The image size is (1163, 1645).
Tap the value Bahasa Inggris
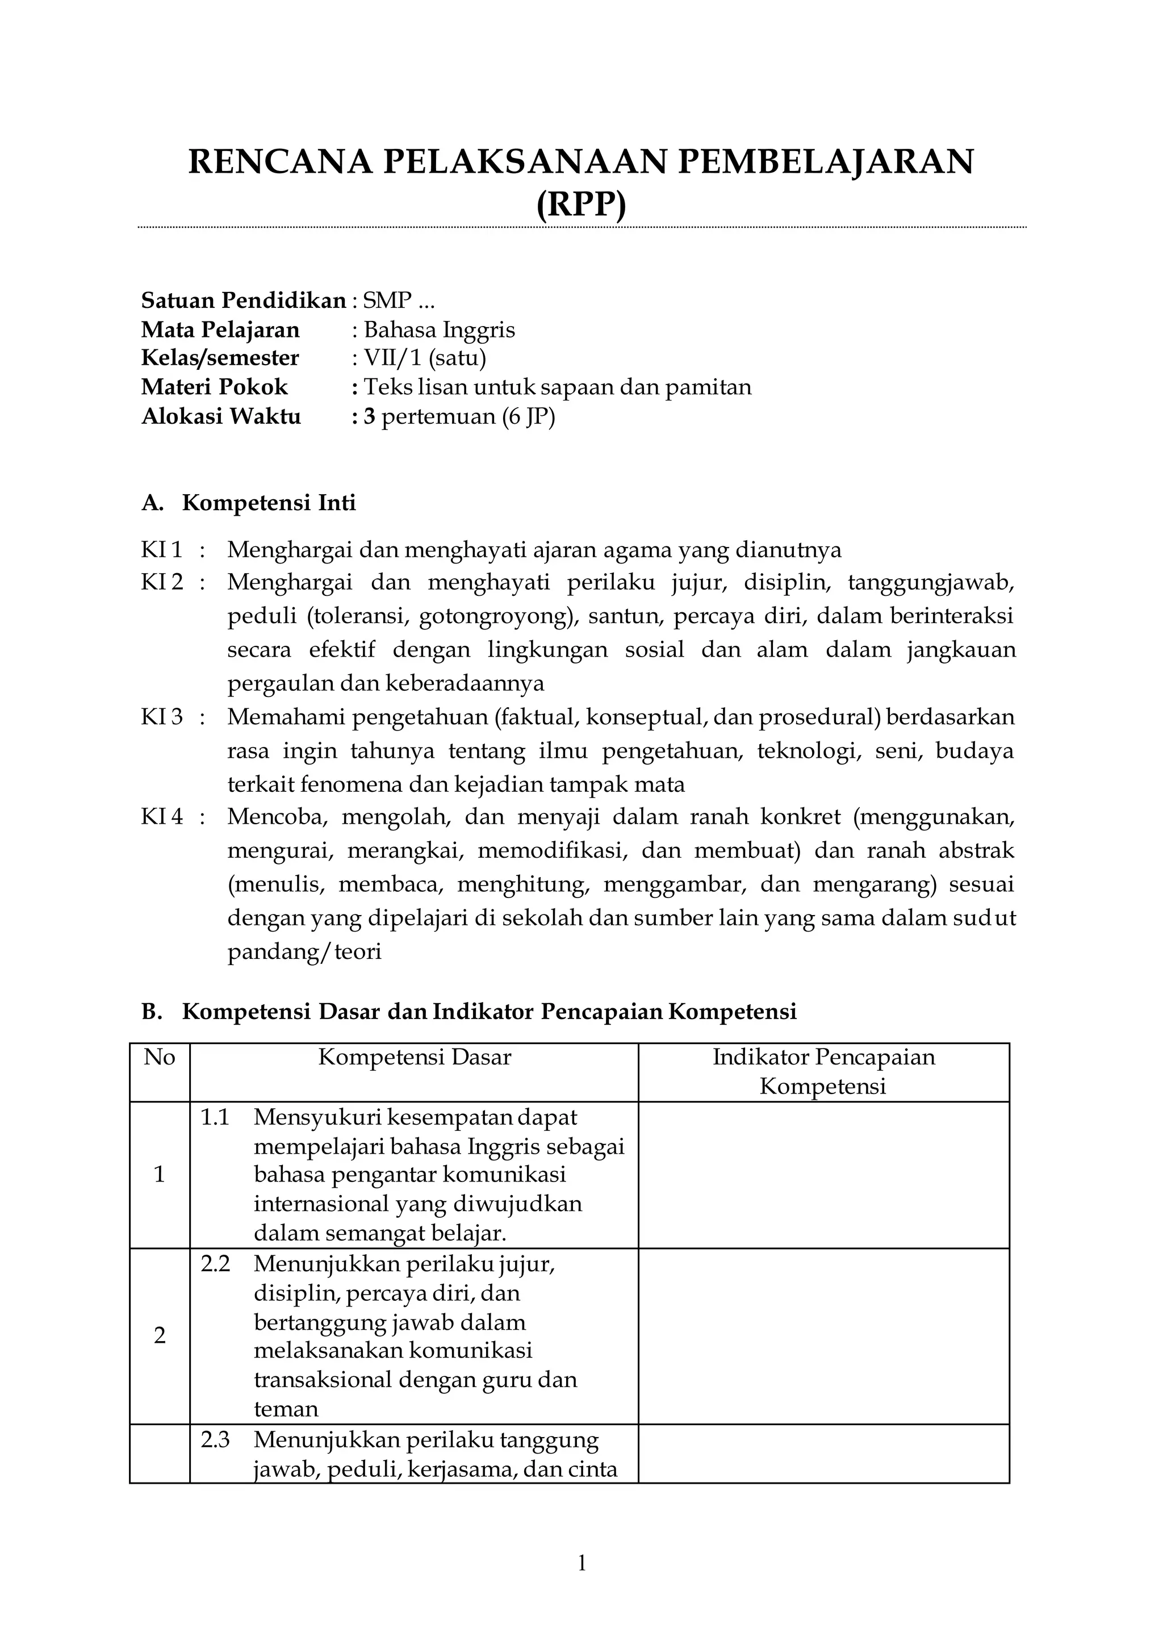[439, 329]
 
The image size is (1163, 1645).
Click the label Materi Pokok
[214, 387]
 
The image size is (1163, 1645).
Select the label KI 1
[162, 550]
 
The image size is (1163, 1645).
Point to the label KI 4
[162, 817]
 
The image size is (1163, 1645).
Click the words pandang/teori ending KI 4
[304, 951]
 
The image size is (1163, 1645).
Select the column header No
[159, 1058]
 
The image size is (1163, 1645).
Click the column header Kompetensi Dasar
[415, 1058]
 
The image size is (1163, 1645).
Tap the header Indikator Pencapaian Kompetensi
[823, 1072]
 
